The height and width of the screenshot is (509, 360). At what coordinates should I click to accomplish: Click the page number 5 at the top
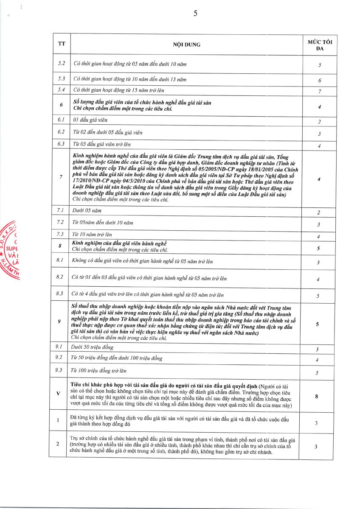tap(195, 13)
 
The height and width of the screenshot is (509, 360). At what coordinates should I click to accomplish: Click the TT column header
tap(61, 45)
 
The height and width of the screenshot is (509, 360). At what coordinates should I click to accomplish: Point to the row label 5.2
tap(61, 64)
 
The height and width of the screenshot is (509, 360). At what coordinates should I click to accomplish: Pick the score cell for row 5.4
tap(319, 91)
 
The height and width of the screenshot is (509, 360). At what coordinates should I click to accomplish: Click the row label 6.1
tap(61, 120)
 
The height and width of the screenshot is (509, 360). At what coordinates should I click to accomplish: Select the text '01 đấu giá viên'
tap(90, 120)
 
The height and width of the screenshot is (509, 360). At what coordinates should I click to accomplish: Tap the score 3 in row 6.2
tap(319, 134)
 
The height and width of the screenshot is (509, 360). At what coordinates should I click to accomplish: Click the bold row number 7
tap(61, 177)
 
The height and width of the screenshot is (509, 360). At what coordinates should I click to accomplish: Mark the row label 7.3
tap(61, 234)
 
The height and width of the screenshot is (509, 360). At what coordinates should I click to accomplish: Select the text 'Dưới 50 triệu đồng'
tap(93, 347)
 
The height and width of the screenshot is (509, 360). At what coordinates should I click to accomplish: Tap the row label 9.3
tap(61, 370)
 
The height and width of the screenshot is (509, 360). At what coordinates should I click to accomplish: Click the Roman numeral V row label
tap(59, 393)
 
